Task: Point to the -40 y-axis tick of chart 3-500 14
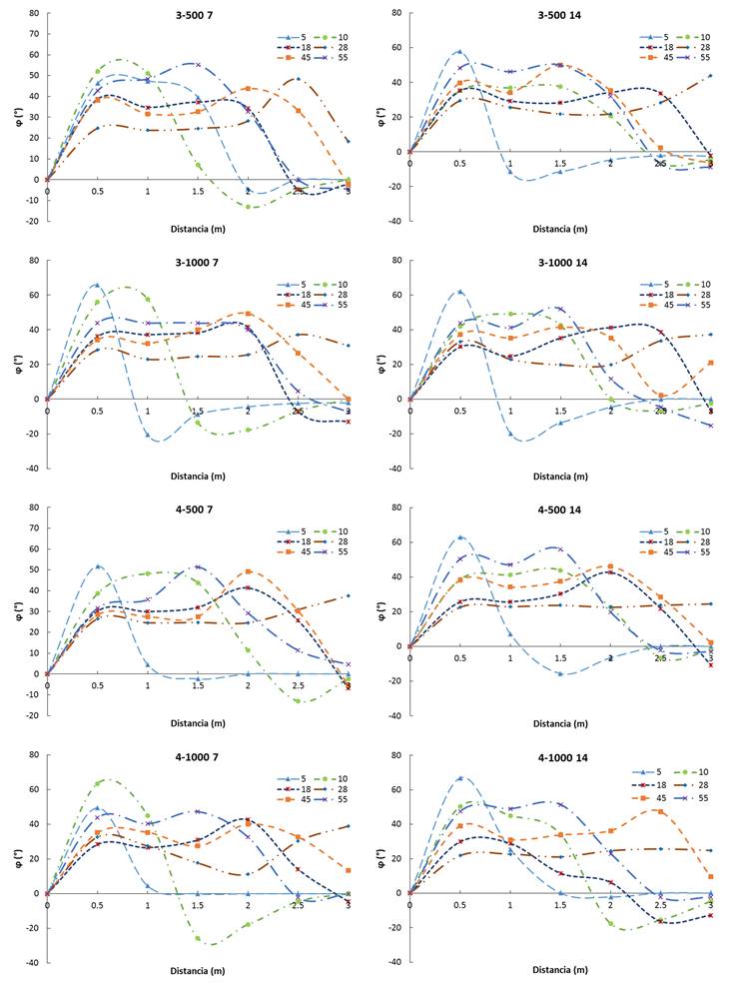tap(395, 221)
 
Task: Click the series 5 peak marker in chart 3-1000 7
tap(97, 285)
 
